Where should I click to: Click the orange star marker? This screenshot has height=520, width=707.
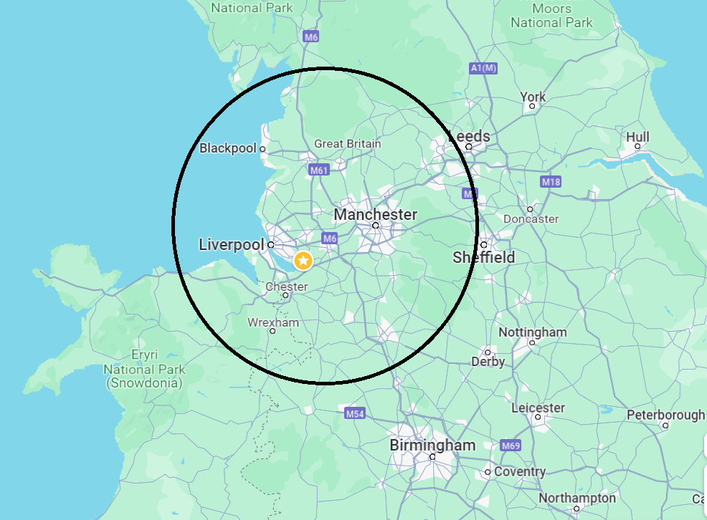click(x=303, y=261)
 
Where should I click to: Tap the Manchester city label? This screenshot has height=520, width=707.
click(x=375, y=214)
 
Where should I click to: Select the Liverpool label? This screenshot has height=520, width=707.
click(x=231, y=245)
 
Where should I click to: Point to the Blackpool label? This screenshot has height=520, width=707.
click(x=227, y=148)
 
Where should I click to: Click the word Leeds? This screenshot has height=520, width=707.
click(x=470, y=136)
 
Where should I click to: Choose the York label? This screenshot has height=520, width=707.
click(x=533, y=97)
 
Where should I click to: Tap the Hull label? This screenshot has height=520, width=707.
click(x=637, y=137)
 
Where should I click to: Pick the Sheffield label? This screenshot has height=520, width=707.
click(x=484, y=257)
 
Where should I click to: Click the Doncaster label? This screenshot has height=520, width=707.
click(x=531, y=218)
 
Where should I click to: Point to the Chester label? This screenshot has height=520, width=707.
click(x=286, y=287)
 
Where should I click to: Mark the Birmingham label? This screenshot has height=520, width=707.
click(x=432, y=445)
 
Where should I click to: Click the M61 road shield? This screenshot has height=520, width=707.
click(x=319, y=170)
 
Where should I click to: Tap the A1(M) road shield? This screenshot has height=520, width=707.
click(x=483, y=68)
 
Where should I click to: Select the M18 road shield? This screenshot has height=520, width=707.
click(x=551, y=182)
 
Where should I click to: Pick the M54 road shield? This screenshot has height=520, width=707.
click(x=355, y=413)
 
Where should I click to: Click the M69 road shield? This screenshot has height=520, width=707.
click(x=511, y=446)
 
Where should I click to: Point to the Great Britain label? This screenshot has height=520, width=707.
click(x=348, y=144)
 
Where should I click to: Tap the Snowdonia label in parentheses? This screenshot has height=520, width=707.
click(x=144, y=383)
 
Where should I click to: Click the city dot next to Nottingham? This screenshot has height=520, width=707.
click(x=532, y=342)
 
